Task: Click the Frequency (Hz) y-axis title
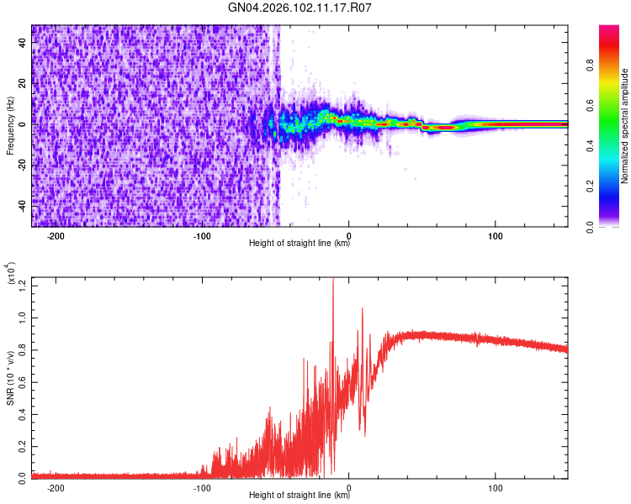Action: click(11, 126)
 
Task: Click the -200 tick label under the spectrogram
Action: click(56, 236)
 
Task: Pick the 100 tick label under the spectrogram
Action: click(496, 236)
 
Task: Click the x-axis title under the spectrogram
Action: click(300, 244)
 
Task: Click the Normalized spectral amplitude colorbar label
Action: click(625, 126)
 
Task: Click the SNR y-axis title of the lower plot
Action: click(11, 378)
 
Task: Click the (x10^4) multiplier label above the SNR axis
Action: click(11, 273)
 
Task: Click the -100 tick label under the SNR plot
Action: click(202, 488)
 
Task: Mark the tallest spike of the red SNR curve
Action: click(333, 280)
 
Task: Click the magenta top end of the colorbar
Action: click(609, 29)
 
